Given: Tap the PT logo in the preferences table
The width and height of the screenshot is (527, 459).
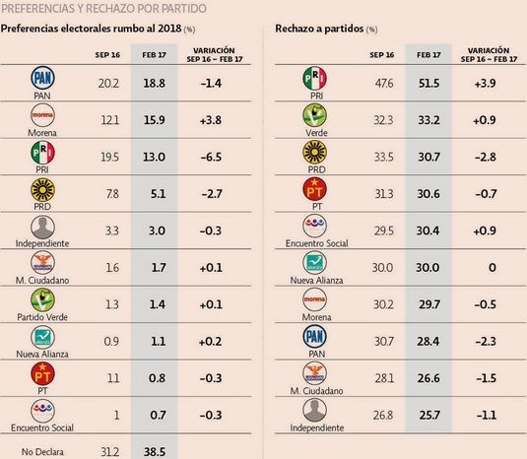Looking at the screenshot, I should (41, 372).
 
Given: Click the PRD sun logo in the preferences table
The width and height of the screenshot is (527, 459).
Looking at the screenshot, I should (41, 190).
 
